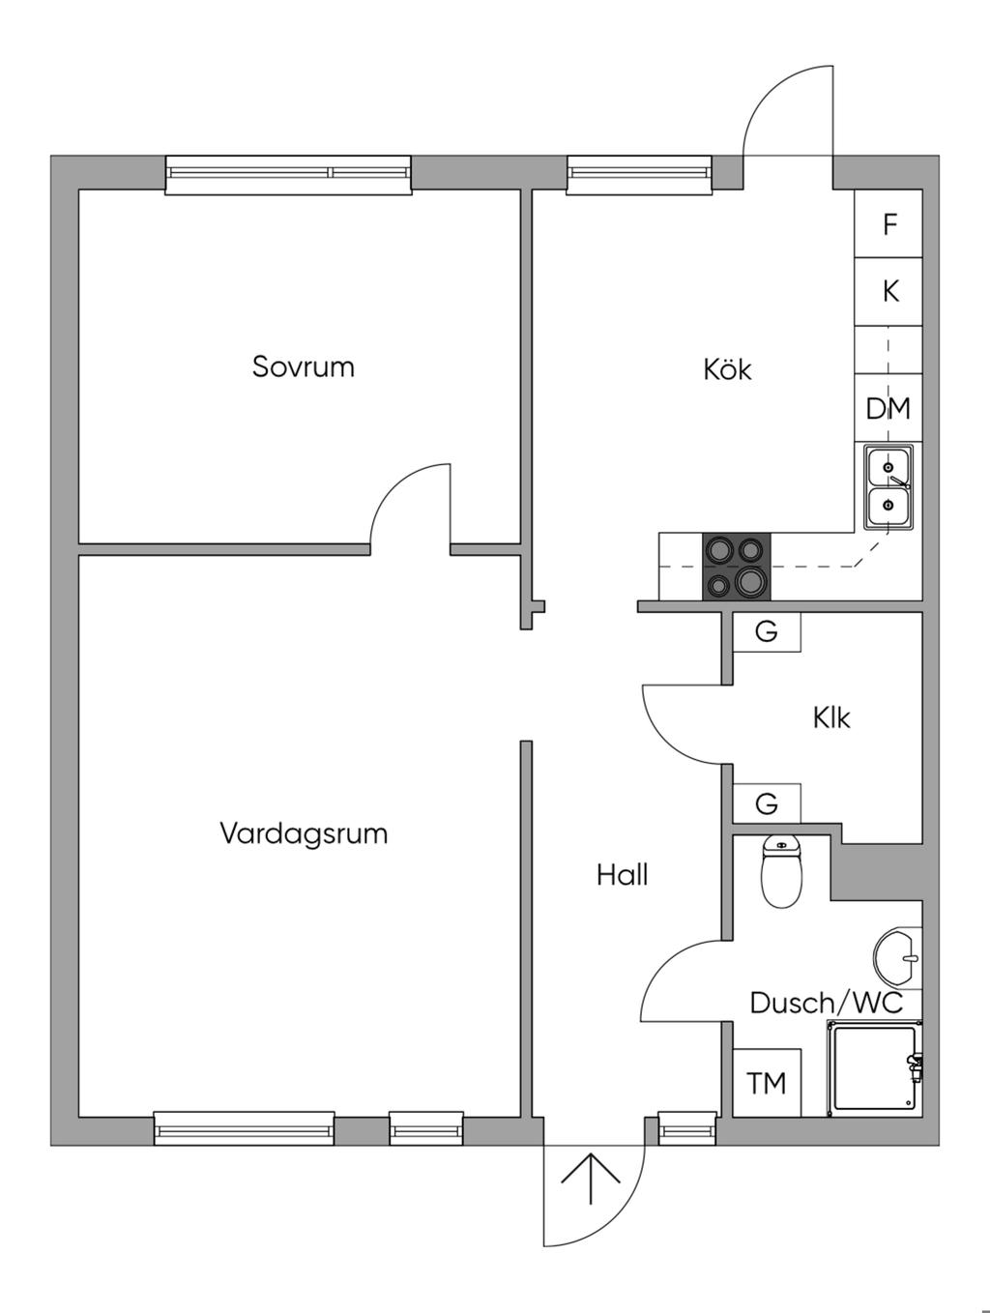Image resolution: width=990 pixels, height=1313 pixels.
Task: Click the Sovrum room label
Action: pos(303,366)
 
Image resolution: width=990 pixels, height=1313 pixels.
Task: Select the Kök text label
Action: pos(727,369)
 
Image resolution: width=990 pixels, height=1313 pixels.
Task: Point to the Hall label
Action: pos(622,875)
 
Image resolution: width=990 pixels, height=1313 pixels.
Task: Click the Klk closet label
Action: pos(831,717)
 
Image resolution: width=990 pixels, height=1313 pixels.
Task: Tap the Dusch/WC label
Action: pos(826,1004)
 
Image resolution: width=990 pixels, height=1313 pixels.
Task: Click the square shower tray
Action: pos(875,1069)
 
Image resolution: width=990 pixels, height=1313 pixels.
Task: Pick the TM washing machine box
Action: pos(767,1083)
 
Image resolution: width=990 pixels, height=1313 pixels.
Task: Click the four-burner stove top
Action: pos(737,566)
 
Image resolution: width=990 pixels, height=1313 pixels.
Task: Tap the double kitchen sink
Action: pos(888,487)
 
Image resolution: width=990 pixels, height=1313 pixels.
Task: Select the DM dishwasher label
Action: pos(888,409)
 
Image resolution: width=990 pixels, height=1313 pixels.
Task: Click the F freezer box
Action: pos(888,223)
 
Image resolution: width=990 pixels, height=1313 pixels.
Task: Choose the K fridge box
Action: pos(888,292)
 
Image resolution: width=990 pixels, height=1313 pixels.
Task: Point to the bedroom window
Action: pos(288,175)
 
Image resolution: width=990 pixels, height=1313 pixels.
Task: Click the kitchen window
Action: pos(640,175)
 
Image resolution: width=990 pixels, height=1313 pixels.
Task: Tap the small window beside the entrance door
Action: pos(687,1128)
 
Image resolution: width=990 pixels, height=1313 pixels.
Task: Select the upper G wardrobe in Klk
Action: pos(767,632)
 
